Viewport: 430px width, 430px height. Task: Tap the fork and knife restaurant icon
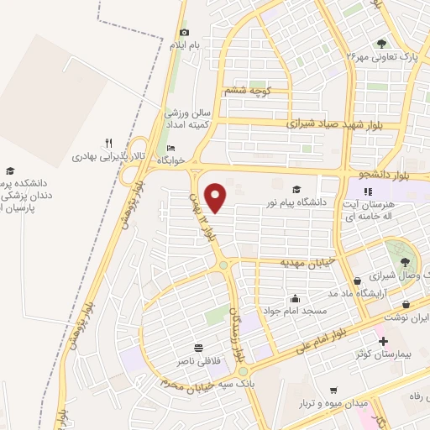pos(108,144)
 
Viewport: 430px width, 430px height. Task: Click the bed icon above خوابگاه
pos(172,148)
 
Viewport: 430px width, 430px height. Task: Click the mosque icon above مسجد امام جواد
pos(295,297)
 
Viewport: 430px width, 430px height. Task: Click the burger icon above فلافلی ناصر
pos(199,348)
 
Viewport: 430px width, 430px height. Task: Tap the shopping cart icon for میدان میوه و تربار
pos(334,391)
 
